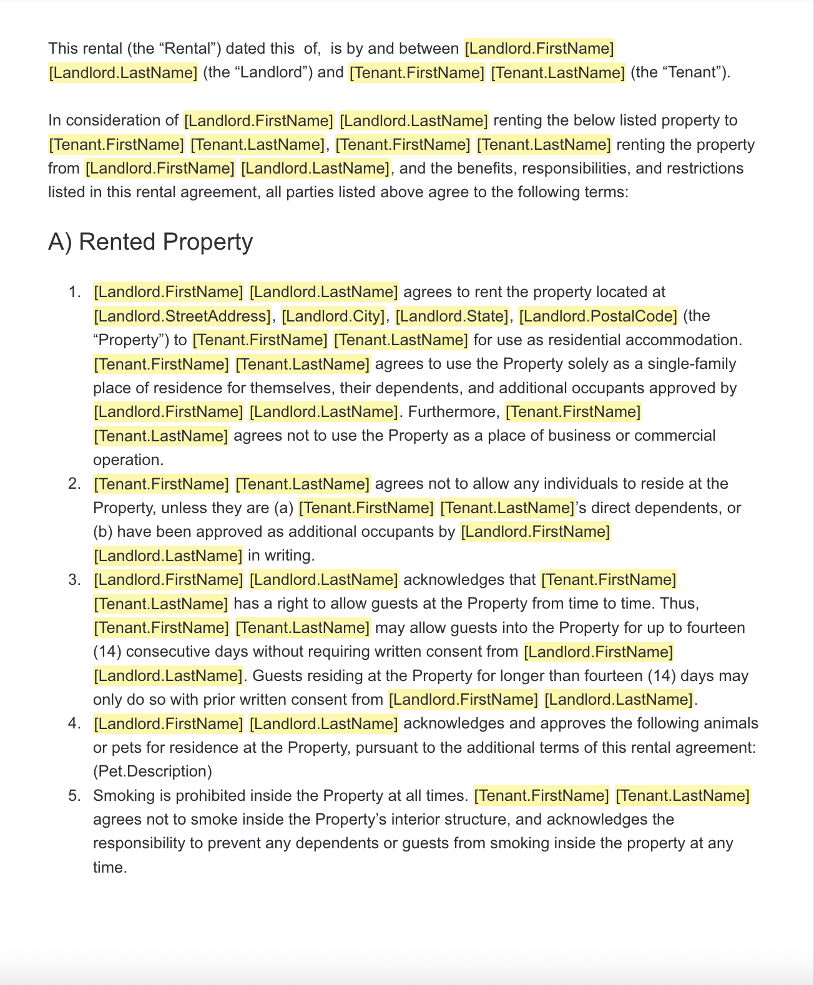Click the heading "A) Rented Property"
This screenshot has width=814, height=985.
(x=150, y=242)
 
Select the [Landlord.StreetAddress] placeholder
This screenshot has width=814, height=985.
(x=182, y=316)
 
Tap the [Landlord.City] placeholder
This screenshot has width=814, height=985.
(x=333, y=316)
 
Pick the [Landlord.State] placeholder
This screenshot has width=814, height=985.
(x=452, y=316)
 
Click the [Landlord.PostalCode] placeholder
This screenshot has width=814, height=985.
(x=598, y=316)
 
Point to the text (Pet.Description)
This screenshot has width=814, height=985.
(x=152, y=772)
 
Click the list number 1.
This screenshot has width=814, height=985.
(x=74, y=292)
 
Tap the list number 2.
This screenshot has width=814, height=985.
(x=74, y=484)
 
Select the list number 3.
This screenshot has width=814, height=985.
(x=74, y=580)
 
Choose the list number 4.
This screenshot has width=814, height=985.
(x=74, y=723)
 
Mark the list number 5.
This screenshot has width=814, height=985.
(x=74, y=796)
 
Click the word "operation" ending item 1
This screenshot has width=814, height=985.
(x=127, y=460)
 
